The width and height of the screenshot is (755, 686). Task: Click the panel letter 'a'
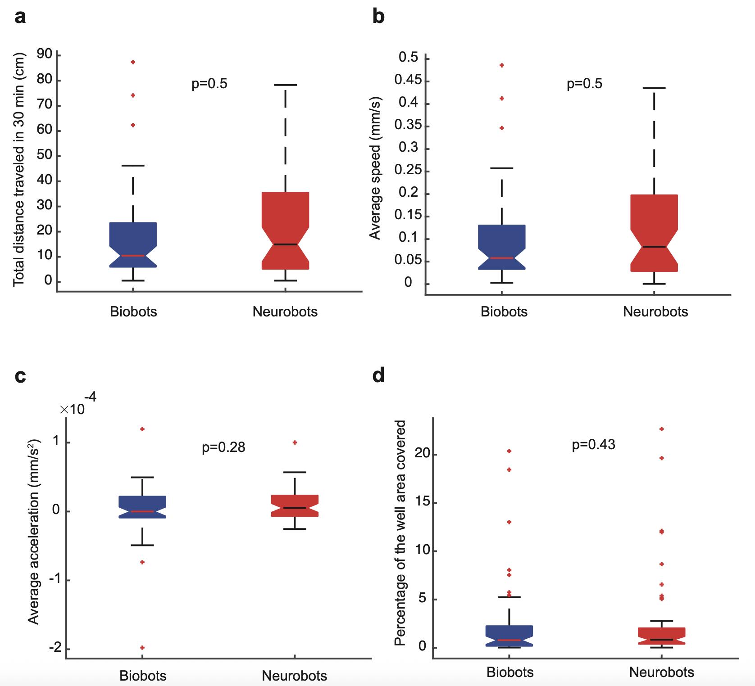point(20,18)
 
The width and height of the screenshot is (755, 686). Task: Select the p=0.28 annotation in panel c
point(223,447)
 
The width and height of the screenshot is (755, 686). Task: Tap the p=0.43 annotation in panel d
point(593,445)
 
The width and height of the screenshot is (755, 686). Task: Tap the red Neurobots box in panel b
point(654,233)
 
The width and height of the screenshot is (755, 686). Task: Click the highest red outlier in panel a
point(133,62)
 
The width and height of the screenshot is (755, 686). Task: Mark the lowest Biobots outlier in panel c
point(142,648)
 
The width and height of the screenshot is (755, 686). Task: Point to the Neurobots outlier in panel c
point(295,442)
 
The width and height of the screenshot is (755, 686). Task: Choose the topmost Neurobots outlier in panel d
point(662,429)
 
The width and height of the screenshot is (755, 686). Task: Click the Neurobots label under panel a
point(285,312)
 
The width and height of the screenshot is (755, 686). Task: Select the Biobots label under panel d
point(510,672)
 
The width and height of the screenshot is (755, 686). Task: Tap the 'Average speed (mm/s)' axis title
point(375,168)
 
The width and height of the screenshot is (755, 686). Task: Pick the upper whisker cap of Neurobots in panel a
point(285,85)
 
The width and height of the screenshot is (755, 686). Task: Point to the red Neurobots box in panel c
point(295,505)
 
